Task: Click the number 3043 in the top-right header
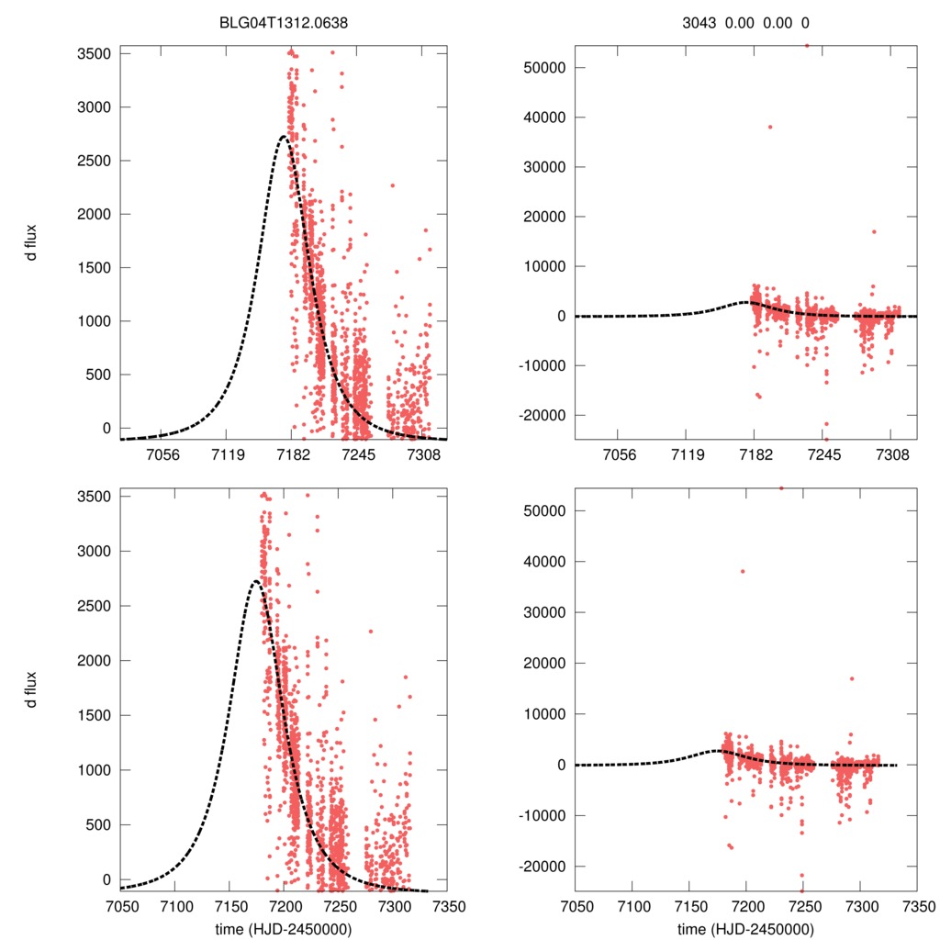(x=700, y=23)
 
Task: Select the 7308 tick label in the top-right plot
(x=891, y=455)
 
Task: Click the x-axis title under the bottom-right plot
(x=746, y=928)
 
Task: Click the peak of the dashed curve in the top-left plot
(x=284, y=136)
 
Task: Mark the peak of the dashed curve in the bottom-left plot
(x=255, y=581)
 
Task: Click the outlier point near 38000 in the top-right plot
(x=770, y=127)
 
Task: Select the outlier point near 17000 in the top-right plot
(x=874, y=231)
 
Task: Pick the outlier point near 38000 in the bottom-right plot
(x=743, y=571)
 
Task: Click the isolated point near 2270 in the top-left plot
(x=392, y=185)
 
